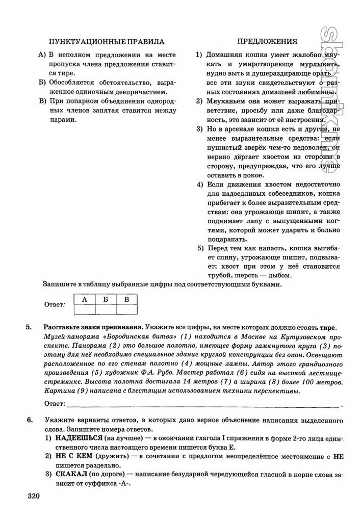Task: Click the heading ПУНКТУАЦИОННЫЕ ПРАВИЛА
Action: point(106,41)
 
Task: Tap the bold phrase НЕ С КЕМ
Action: point(72,457)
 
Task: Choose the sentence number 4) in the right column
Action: point(200,184)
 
